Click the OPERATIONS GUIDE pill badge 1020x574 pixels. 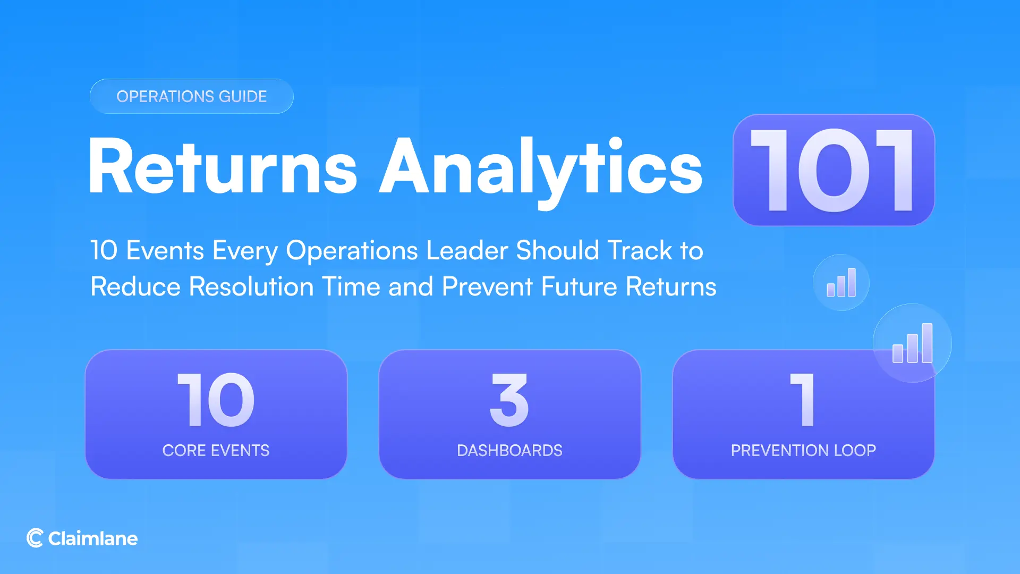pos(191,96)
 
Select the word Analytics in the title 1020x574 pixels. pos(540,167)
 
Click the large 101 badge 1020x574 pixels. pos(833,170)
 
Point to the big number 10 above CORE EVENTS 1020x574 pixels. pos(216,400)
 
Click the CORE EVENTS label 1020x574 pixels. pos(216,450)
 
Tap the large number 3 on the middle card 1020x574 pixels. pos(509,400)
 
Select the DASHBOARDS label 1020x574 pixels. pos(509,450)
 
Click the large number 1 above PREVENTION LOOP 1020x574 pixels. pos(803,400)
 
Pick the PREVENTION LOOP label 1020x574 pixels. pos(803,450)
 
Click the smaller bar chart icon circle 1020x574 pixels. pos(841,283)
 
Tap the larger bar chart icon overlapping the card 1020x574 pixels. pos(912,343)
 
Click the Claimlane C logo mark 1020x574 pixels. pos(35,538)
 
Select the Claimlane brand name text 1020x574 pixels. pos(93,538)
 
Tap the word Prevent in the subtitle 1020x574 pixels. pos(487,286)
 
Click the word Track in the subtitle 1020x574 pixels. pos(640,250)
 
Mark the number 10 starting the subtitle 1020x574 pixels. pos(104,250)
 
